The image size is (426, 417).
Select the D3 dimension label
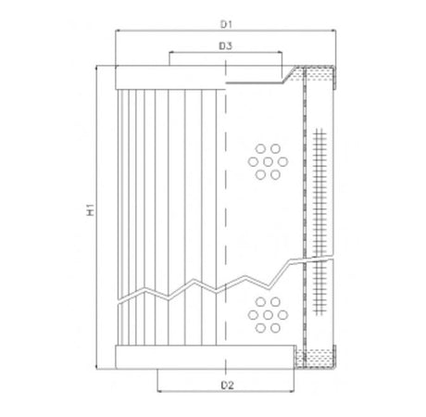[225, 44]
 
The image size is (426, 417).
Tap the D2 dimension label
[225, 384]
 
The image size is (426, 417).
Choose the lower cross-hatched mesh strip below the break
[321, 287]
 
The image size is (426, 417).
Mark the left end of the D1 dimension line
[114, 30]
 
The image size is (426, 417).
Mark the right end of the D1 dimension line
[335, 30]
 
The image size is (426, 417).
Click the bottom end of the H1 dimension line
[97, 365]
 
